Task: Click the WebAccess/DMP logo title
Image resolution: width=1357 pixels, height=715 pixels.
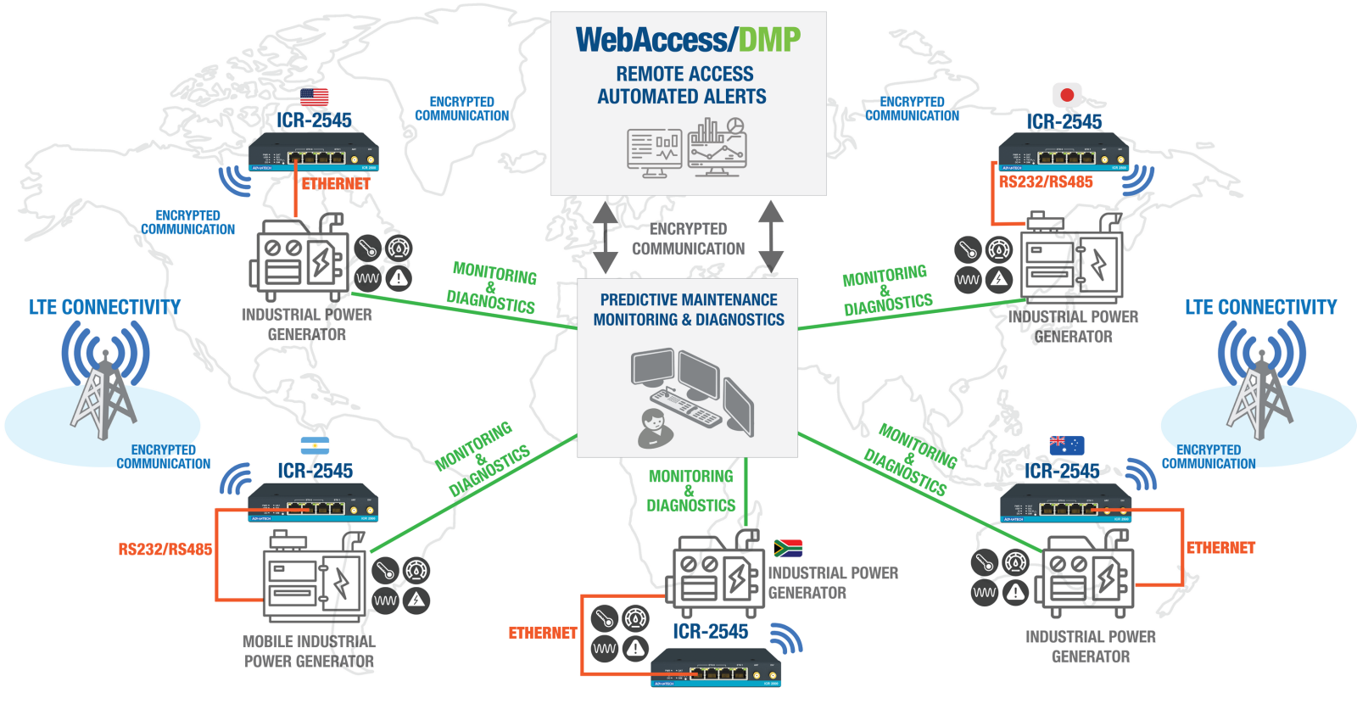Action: point(688,40)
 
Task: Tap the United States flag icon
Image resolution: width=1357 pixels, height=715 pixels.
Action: point(314,97)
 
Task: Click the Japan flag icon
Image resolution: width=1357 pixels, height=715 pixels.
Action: point(1067,95)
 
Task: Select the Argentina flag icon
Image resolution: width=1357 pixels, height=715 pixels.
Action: point(315,446)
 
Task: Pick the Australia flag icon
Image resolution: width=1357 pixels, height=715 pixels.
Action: point(1066,445)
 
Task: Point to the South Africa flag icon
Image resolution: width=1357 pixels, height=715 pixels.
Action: point(788,548)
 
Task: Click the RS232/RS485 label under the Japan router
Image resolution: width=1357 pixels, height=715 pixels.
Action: point(1045,182)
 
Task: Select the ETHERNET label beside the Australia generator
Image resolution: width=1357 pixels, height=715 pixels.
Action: point(1220,548)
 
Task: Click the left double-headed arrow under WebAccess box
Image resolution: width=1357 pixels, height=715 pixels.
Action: point(606,237)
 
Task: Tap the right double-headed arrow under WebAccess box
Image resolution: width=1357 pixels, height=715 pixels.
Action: point(770,237)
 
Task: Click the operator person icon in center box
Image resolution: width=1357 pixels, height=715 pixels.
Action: point(654,427)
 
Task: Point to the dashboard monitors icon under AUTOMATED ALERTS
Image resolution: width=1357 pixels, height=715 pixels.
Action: point(687,148)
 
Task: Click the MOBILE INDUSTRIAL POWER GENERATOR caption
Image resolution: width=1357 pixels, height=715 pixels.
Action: point(309,651)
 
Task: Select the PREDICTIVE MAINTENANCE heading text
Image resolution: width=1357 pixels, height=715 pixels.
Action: point(689,299)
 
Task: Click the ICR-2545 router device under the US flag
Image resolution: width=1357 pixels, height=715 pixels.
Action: point(314,153)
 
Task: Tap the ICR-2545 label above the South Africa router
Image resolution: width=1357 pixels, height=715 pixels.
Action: point(710,631)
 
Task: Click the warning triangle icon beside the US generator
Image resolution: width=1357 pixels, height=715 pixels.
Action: point(399,278)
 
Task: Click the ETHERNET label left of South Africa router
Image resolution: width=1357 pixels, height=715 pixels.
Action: point(543,633)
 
